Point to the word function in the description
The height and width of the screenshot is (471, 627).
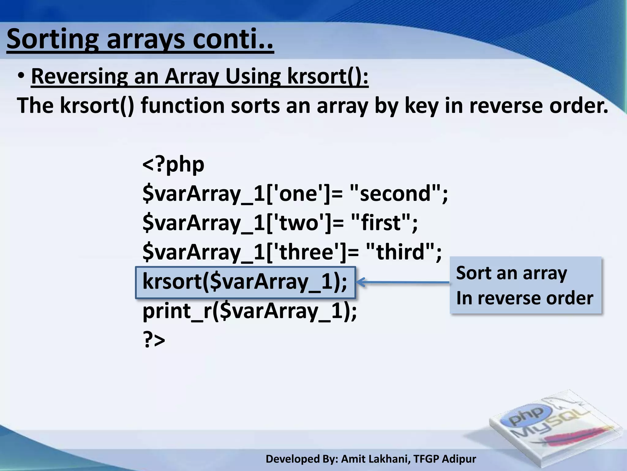[182, 105]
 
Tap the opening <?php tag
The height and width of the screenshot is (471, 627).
[173, 164]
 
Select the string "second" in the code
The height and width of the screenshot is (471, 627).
[395, 193]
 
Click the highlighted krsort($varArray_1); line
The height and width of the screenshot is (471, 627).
[245, 282]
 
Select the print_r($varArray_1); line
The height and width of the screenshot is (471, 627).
[250, 311]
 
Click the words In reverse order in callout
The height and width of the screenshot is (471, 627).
[524, 298]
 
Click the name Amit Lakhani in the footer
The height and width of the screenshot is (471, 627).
[375, 459]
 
